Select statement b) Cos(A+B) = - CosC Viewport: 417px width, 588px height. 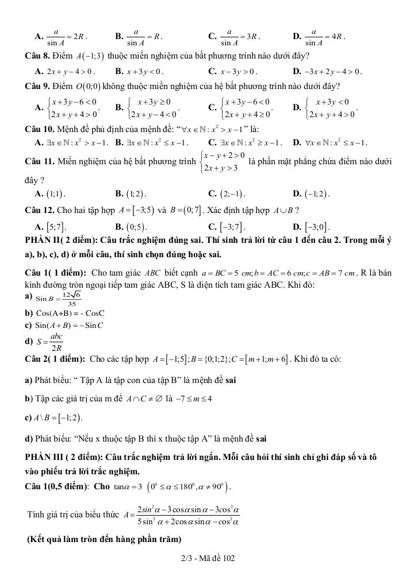click(x=64, y=314)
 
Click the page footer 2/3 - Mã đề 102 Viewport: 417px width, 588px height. click(x=208, y=558)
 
